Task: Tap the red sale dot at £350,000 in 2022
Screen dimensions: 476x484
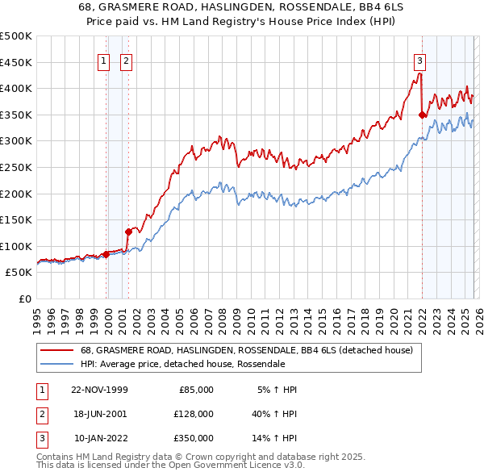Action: [x=422, y=115]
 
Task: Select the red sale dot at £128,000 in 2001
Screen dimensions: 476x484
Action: [x=128, y=232]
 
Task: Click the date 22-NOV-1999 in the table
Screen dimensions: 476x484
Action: [x=99, y=390]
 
